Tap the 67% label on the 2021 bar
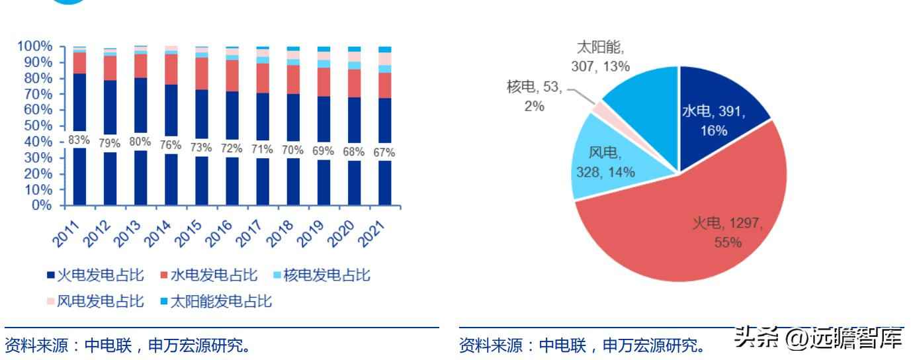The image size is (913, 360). point(384,152)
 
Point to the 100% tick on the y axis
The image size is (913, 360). point(34,46)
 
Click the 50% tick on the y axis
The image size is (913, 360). point(37,126)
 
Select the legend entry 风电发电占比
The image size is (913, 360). point(95,302)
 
